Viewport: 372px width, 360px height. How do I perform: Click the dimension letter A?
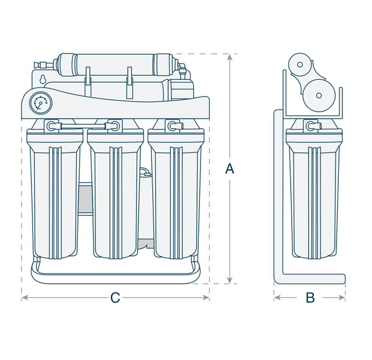tap(230, 169)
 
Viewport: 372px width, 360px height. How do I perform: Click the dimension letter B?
tap(310, 298)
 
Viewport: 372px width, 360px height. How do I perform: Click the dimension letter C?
tap(115, 298)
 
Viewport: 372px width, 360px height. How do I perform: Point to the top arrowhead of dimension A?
tap(230, 56)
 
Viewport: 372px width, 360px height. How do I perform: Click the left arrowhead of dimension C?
tap(24, 298)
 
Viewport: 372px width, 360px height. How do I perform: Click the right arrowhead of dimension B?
tap(343, 298)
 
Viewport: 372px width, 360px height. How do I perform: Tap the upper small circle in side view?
tap(301, 65)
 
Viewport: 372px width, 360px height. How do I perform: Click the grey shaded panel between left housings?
tap(85, 198)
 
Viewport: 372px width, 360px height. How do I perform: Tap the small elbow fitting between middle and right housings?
tap(145, 173)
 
